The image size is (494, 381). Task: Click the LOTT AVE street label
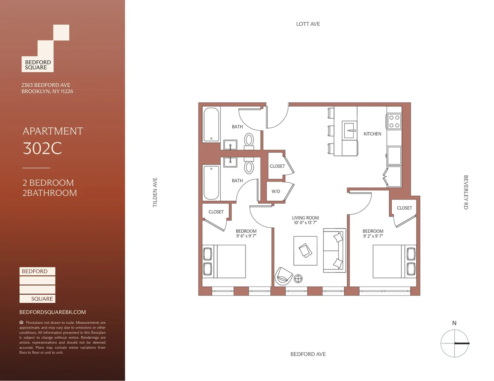308,24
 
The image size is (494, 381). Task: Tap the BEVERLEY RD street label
466,192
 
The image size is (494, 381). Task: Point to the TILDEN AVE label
155,192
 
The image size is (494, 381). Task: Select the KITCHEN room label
373,134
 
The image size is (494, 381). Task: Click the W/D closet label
276,191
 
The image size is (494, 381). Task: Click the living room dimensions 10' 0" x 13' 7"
305,223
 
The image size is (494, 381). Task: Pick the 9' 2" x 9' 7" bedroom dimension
373,236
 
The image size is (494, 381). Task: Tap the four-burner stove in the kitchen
394,121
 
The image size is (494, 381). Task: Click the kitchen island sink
350,130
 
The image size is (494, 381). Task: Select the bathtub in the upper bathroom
211,125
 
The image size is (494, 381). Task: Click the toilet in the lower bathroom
249,166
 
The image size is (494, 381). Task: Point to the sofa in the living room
334,250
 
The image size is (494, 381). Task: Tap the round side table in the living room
298,278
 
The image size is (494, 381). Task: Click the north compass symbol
455,343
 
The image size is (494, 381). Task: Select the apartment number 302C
42,148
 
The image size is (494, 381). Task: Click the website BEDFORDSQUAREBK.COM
53,312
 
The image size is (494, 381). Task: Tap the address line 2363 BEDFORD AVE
46,85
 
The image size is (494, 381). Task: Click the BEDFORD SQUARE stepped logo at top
45,48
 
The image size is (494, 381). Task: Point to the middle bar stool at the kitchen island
331,130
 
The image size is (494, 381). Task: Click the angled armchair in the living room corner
284,276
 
